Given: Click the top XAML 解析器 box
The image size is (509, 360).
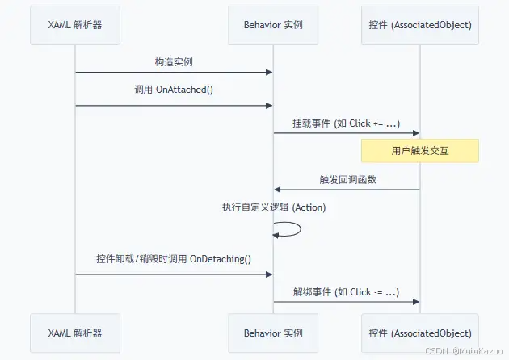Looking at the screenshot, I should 75,25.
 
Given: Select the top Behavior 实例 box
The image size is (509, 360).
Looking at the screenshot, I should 273,25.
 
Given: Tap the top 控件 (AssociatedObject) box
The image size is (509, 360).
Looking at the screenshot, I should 419,25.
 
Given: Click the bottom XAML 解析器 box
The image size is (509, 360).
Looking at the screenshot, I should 75,333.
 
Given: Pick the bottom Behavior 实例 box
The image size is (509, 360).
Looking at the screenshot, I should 273,333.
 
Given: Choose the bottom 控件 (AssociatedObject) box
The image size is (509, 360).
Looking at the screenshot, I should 419,333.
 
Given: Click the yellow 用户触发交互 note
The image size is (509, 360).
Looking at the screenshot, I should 419,151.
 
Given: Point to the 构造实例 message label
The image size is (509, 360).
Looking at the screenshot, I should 174,62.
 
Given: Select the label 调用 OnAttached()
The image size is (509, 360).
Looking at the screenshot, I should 174,90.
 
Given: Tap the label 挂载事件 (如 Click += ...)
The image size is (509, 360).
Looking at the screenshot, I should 346,123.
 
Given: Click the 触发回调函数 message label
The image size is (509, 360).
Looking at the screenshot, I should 346,179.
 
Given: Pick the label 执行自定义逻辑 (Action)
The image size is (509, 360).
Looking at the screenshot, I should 273,207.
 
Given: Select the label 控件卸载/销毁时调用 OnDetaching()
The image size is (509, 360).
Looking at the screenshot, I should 174,259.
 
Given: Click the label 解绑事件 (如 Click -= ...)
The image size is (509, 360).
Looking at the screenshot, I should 346,291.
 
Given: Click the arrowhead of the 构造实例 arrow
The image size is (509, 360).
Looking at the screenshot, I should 269,73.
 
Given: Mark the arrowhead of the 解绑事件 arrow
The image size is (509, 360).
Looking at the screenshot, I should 415,302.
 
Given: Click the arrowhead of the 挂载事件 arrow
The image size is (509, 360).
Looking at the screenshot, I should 415,133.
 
